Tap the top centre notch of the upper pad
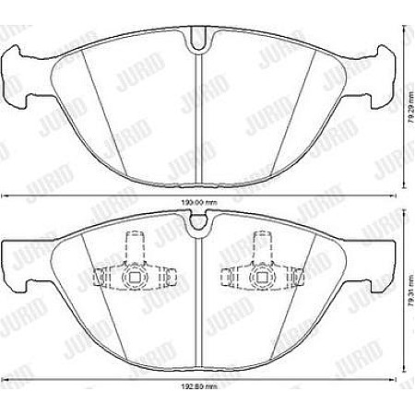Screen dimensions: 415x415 tap(196, 40)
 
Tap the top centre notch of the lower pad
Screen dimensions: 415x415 tap(196, 221)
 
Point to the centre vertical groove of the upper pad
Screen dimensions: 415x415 tap(197, 111)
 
